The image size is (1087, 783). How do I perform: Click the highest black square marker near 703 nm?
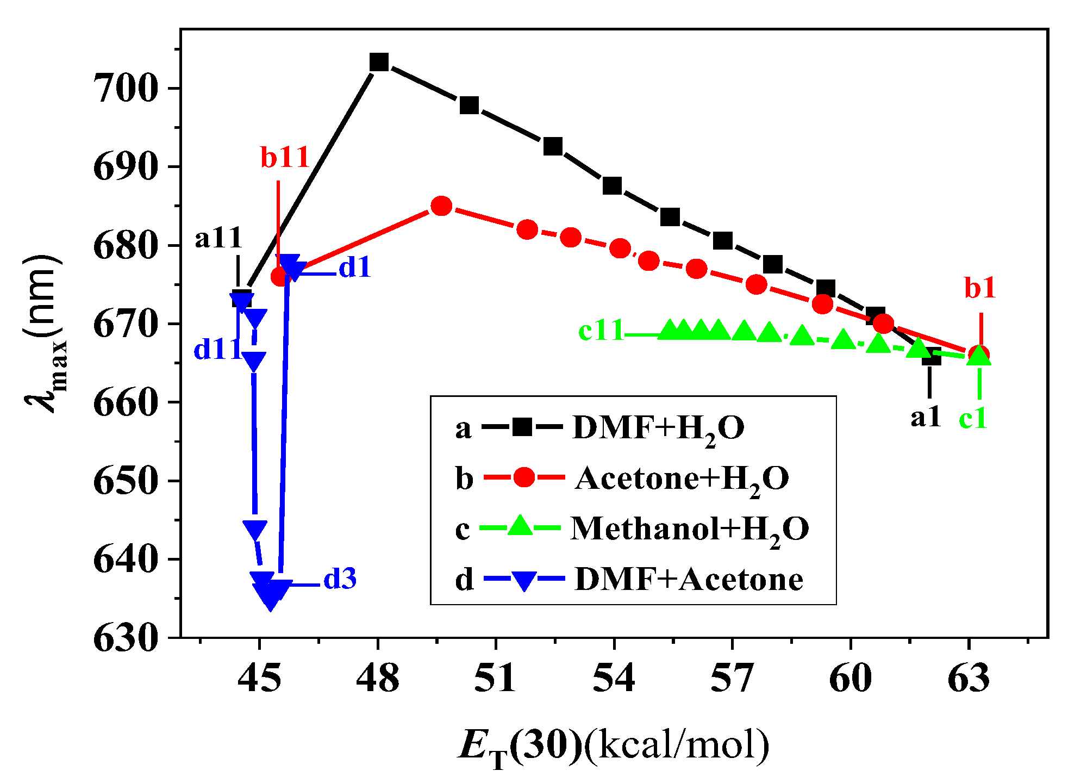379,62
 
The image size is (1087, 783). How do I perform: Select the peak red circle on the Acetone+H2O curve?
441,206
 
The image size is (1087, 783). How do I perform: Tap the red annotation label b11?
285,157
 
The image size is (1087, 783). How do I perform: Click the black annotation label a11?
218,238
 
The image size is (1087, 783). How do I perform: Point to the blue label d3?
340,579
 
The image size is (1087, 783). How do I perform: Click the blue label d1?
354,268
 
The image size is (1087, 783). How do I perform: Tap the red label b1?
980,288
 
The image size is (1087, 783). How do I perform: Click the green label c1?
973,419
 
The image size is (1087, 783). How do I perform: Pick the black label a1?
926,417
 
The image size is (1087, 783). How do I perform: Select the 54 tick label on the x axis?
614,679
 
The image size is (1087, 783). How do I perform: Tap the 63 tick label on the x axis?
969,679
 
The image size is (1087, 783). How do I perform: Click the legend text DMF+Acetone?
689,579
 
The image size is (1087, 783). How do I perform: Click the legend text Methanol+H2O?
690,529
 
